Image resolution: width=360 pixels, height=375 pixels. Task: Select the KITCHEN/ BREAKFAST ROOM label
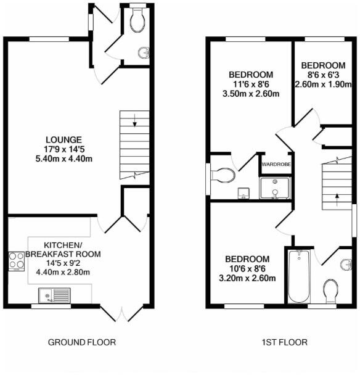coord(63,249)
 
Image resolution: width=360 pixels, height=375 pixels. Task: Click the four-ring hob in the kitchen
coord(15,261)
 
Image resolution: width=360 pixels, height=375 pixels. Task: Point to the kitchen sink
coord(54,296)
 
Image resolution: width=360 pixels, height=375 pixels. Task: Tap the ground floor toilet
coord(137,20)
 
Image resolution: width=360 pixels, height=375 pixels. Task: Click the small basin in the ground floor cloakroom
coord(145,52)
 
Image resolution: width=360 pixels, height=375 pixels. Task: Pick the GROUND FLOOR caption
coord(82,342)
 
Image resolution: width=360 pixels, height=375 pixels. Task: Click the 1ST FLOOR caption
coord(284,342)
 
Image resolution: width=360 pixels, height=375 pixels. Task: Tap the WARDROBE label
coord(276,165)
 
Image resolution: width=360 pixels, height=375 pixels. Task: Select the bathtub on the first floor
coord(298,276)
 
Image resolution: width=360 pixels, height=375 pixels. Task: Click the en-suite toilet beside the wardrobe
coord(223,176)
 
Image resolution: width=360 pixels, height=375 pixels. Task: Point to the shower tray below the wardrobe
coord(275,188)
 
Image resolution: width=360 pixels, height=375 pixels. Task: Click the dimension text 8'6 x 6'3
coord(323,75)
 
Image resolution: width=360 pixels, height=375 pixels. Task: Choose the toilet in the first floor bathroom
coord(330,290)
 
